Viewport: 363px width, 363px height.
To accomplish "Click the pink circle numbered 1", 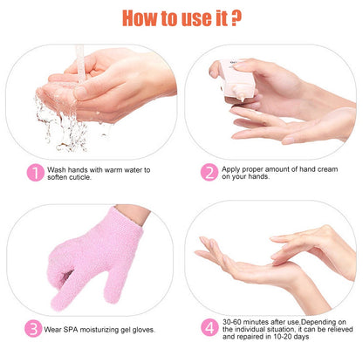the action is point(36,173).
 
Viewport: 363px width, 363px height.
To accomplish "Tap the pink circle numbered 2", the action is point(209,172).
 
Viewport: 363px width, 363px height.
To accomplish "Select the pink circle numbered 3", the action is point(33,329).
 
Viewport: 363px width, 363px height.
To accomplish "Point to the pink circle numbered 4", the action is point(209,327).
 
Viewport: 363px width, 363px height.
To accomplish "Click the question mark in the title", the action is point(236,18).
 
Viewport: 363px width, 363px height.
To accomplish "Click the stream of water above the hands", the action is point(79,63).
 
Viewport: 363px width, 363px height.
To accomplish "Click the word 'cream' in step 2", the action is point(326,169).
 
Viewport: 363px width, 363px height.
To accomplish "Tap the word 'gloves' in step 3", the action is point(143,330).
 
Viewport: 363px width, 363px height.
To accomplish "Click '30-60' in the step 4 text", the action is point(232,322).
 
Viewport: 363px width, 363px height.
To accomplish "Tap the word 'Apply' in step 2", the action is point(231,170).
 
